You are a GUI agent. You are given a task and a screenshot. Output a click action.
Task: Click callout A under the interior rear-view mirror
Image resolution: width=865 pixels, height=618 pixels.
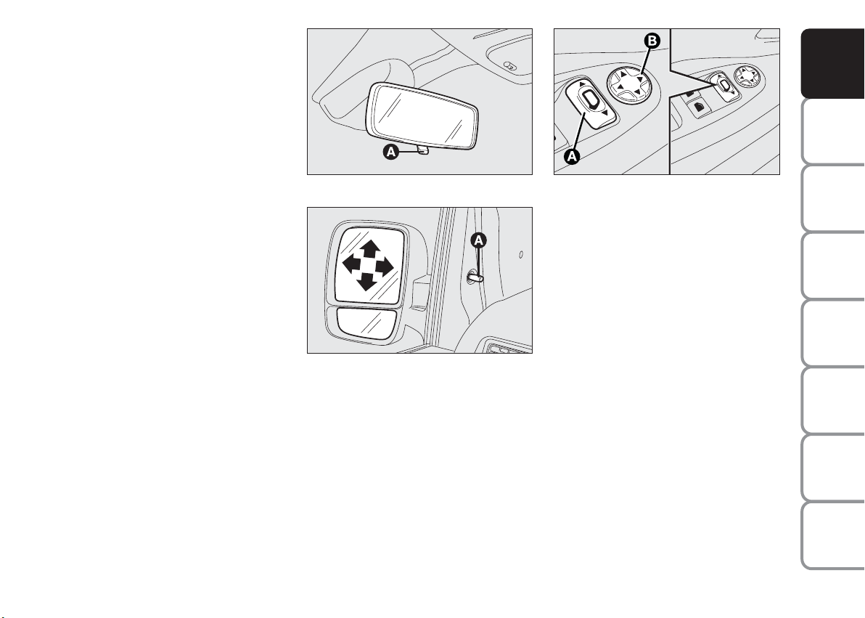pos(390,152)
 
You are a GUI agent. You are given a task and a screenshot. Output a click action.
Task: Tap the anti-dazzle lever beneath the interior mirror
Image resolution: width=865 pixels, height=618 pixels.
pos(424,150)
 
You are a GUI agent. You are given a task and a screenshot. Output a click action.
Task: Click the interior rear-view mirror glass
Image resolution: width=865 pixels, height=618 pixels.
pos(422,116)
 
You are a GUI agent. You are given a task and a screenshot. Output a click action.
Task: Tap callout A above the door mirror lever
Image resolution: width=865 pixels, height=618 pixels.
pos(479,240)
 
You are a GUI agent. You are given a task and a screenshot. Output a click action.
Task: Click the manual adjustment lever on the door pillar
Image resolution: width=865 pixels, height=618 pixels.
pos(475,276)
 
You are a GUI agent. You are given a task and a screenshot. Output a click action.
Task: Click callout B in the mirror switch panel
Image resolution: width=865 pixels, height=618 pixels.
pos(652,41)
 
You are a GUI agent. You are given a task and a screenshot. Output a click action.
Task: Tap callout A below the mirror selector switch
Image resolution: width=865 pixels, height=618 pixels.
pos(572,156)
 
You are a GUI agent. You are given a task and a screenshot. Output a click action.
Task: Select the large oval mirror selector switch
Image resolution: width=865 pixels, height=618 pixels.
pos(590,102)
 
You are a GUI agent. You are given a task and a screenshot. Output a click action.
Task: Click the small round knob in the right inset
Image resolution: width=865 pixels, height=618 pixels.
pos(747,77)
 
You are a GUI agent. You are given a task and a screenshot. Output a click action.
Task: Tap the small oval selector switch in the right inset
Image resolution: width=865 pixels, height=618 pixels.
pos(723,85)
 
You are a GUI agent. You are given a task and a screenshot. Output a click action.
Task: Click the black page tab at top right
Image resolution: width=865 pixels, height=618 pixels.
pos(832,63)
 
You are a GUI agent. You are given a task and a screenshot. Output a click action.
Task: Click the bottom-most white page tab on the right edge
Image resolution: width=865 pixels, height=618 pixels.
pos(832,535)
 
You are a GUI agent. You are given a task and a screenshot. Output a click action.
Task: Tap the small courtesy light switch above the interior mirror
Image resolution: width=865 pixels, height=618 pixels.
pos(510,66)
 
